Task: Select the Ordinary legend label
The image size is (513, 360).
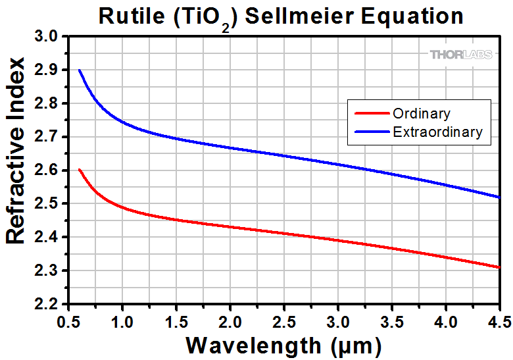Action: coord(422,114)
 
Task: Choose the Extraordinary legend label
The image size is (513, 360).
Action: coord(437,132)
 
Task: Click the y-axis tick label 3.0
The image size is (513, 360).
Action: coord(49,36)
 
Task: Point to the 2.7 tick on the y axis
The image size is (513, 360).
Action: coord(49,137)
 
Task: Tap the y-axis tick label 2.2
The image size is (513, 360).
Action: coord(49,305)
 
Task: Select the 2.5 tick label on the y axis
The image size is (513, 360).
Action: coord(49,204)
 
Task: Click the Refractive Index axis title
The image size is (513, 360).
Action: coord(16,151)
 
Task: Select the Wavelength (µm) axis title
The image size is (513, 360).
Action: coord(283,344)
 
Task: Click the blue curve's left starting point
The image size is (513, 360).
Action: coord(79,70)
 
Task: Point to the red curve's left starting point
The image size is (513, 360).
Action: coord(79,170)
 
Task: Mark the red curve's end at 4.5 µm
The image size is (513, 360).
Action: coord(500,267)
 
